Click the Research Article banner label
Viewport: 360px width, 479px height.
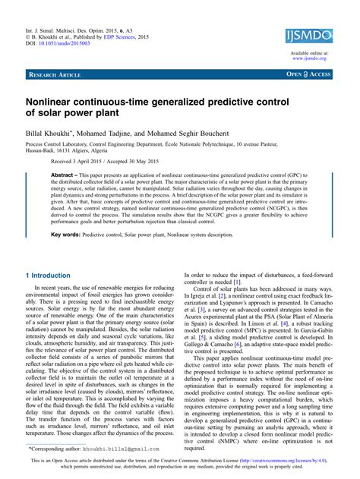click(x=55, y=75)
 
